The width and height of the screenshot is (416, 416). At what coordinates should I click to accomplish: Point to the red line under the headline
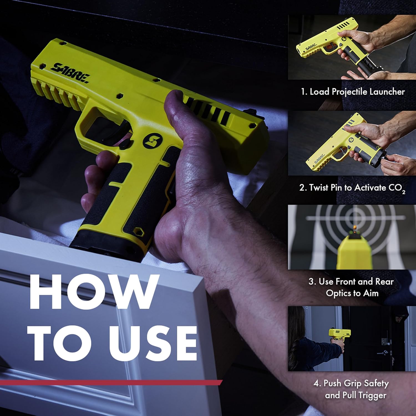[x=111, y=383]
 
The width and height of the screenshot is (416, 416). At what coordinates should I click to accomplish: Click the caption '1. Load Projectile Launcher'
[x=353, y=92]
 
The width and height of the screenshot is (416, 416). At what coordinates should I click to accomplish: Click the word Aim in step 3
[x=371, y=293]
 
